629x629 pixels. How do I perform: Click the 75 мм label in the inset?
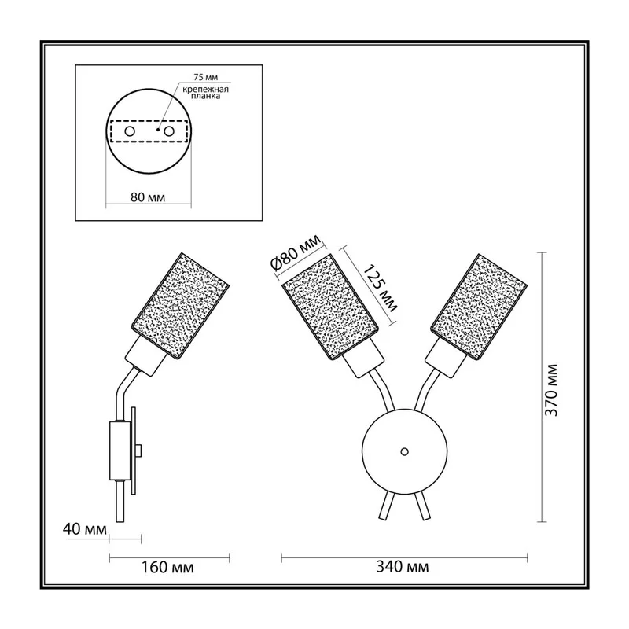[206, 77]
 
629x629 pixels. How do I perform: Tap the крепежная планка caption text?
[205, 93]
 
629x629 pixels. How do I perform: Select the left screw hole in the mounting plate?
[130, 131]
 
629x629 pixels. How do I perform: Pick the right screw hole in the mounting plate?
[169, 131]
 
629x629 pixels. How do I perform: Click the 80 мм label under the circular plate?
[148, 197]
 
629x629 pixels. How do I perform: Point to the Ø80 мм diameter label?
[296, 252]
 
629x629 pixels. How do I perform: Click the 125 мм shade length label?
[380, 288]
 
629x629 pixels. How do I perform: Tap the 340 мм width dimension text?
[403, 566]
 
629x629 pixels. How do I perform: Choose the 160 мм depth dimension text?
[167, 567]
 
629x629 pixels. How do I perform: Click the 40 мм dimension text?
[85, 529]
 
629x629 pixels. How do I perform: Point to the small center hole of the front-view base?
[405, 451]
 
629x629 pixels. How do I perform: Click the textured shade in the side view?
[181, 306]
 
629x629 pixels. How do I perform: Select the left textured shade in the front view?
[330, 307]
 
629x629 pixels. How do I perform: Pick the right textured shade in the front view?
[479, 307]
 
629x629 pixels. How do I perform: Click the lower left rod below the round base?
[386, 506]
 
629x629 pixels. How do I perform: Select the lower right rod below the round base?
[423, 506]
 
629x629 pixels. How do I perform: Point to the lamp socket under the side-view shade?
[146, 356]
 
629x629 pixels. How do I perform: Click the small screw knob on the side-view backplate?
[139, 451]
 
